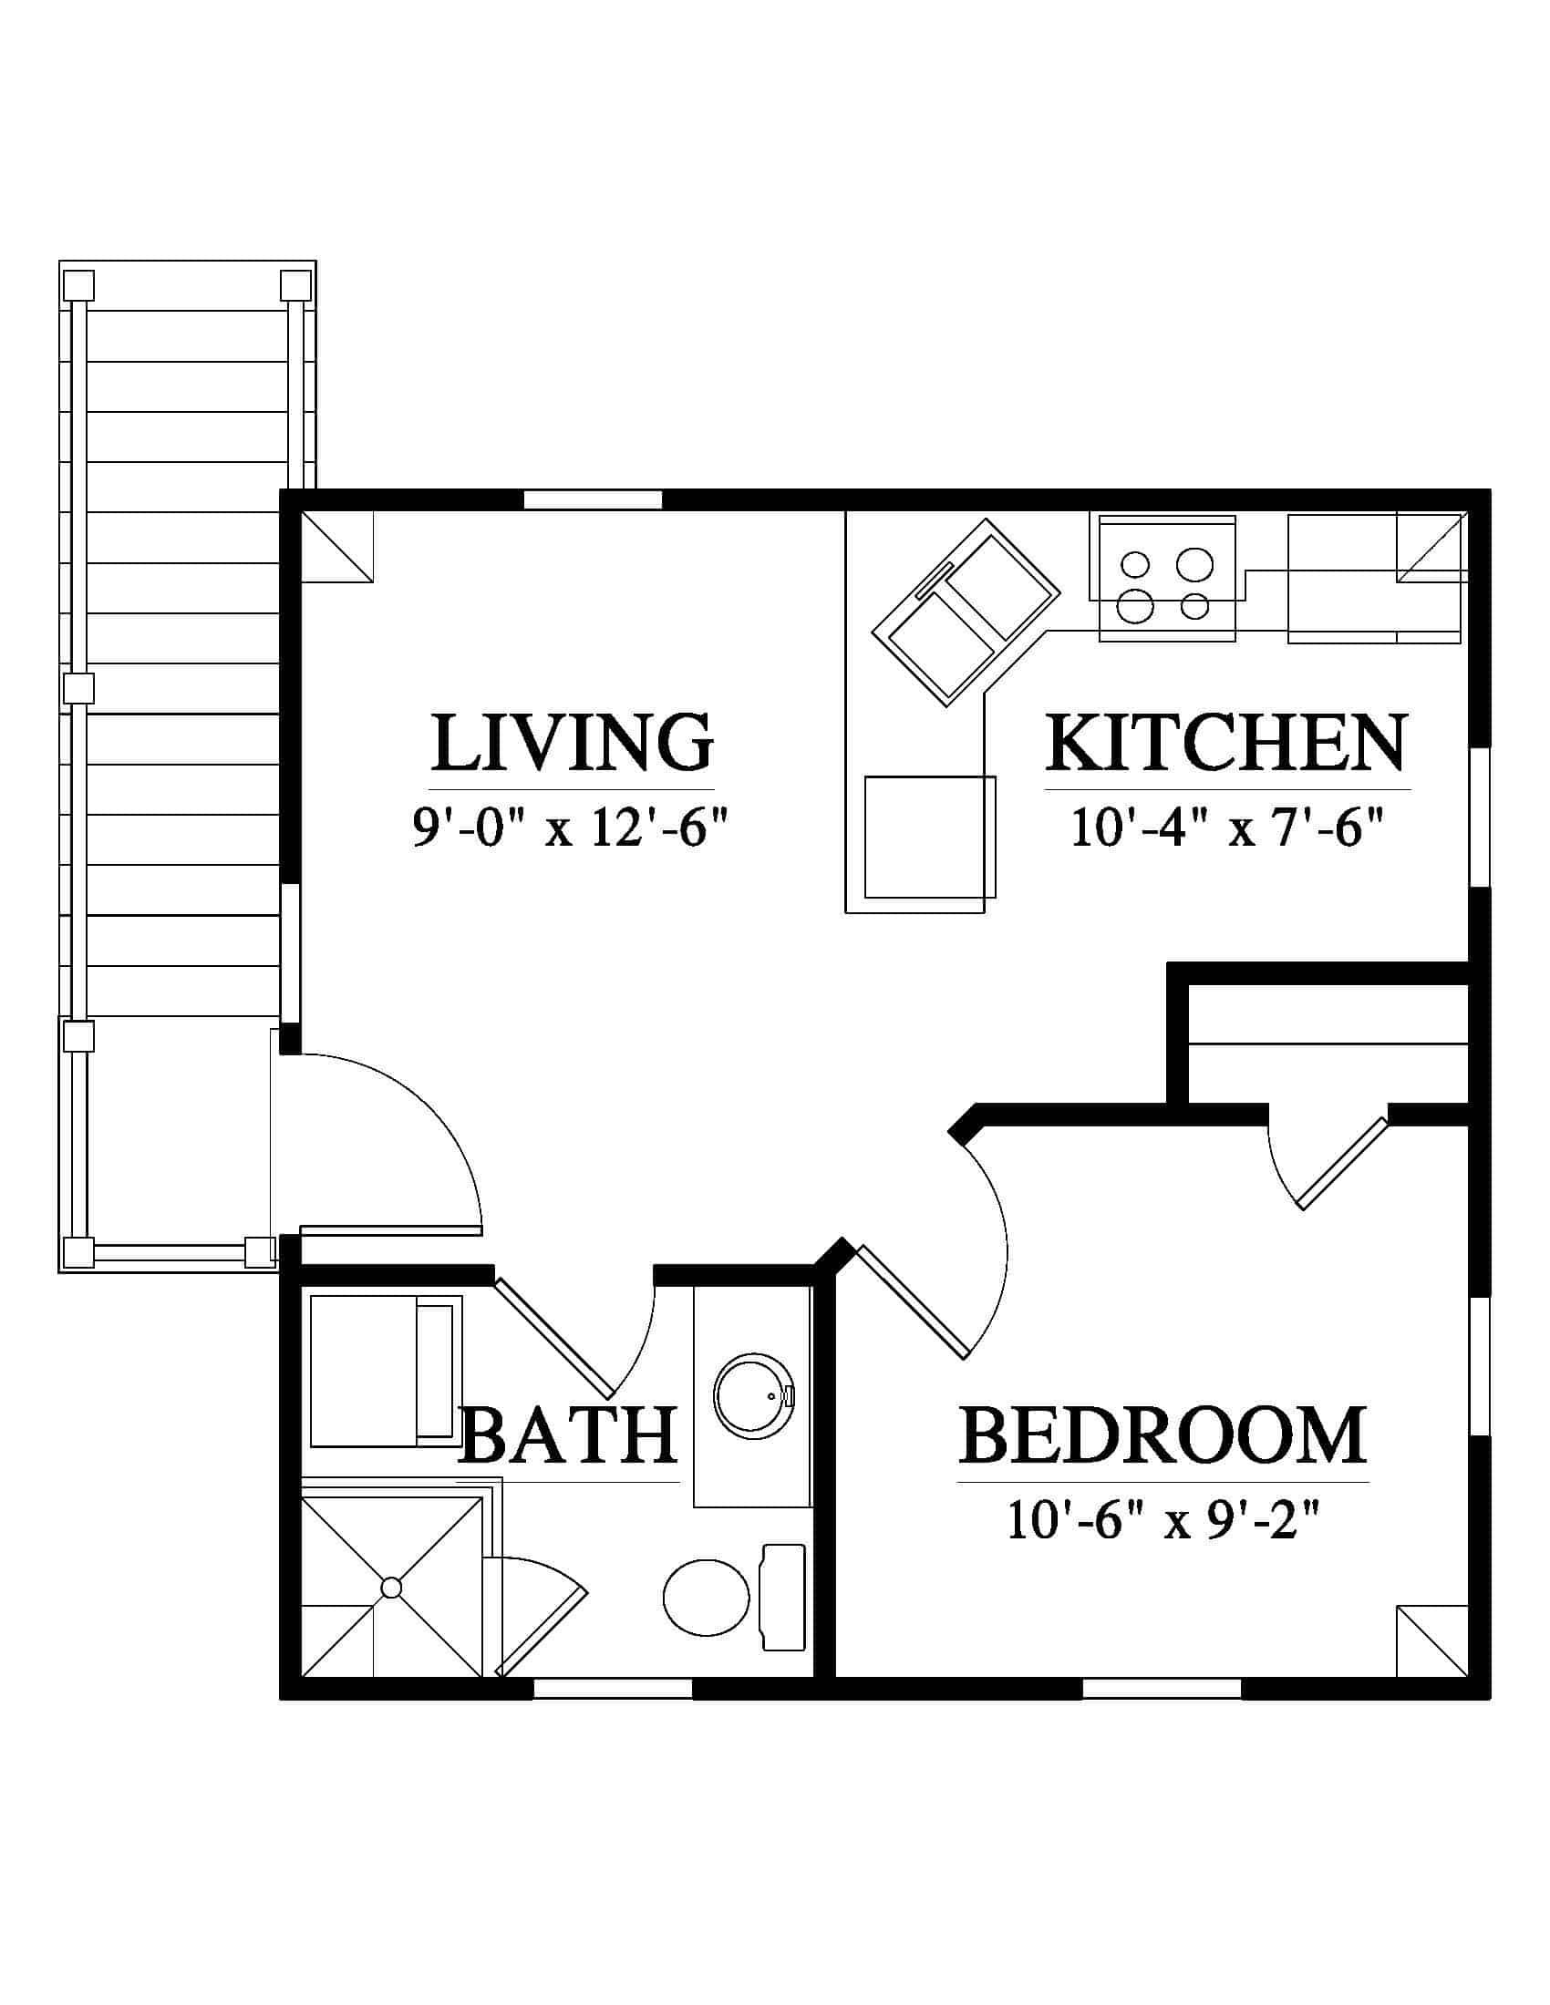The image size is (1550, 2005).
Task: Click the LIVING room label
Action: tap(572, 742)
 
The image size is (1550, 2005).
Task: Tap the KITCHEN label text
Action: tap(1225, 742)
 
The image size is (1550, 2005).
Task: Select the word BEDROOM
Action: tap(1162, 1434)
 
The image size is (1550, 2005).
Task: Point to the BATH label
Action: tap(568, 1434)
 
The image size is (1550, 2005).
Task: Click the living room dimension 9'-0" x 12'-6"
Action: tap(570, 829)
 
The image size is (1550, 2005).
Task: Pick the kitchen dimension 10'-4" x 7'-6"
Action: tap(1226, 829)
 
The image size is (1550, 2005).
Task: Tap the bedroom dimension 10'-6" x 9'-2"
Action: tap(1162, 1520)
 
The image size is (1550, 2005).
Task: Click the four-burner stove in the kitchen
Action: tap(1166, 579)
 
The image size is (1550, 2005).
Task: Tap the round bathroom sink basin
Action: tap(754, 1393)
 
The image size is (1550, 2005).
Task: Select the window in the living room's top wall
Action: tap(593, 499)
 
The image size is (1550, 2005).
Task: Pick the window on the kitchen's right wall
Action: tap(1479, 817)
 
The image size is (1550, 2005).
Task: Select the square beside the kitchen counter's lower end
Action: tap(929, 838)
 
